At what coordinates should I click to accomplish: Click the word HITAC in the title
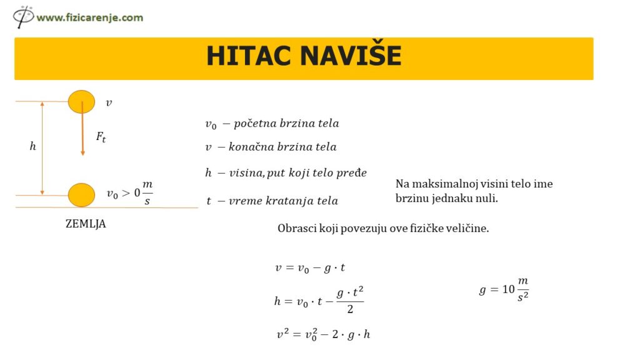(x=249, y=56)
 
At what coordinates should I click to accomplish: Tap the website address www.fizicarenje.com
(x=89, y=17)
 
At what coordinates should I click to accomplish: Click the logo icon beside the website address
(x=23, y=16)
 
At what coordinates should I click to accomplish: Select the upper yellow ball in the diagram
(x=81, y=101)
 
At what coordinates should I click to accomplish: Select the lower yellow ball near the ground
(x=81, y=195)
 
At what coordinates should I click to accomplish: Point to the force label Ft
(x=101, y=137)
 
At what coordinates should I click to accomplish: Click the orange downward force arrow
(x=82, y=131)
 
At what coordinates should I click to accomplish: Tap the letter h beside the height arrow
(x=33, y=147)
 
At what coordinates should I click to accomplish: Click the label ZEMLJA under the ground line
(x=86, y=224)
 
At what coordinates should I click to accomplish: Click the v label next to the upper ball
(x=109, y=102)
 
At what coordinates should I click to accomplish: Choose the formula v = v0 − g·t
(x=310, y=268)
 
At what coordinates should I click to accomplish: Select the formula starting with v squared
(x=324, y=334)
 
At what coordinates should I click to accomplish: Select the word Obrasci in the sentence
(x=297, y=229)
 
